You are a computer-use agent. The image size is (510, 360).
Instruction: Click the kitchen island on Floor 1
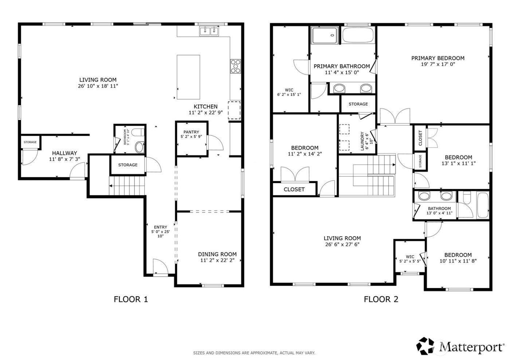pos(188,77)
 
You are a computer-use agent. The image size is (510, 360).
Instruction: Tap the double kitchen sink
pos(209,31)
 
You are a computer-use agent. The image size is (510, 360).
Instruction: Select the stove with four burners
pos(235,66)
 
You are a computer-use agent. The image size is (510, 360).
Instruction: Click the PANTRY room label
pos(191,132)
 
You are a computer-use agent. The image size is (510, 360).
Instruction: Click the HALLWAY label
pos(64,153)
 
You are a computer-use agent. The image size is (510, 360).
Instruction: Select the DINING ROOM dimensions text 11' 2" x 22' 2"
pos(217,260)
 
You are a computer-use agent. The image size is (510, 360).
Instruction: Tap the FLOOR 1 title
pos(131,299)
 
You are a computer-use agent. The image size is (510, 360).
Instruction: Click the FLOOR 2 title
pos(381,299)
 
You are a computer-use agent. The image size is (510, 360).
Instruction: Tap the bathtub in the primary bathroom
pos(358,36)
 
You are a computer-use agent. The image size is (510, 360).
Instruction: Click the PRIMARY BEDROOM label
pos(438,58)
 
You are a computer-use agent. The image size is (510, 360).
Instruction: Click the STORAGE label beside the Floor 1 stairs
pos(127,165)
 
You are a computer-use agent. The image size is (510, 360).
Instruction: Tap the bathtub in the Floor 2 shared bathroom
pos(483,206)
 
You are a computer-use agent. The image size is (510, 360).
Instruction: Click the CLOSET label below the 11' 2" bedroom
pos(294,189)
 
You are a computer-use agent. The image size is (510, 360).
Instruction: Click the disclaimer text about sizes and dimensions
pos(254,353)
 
